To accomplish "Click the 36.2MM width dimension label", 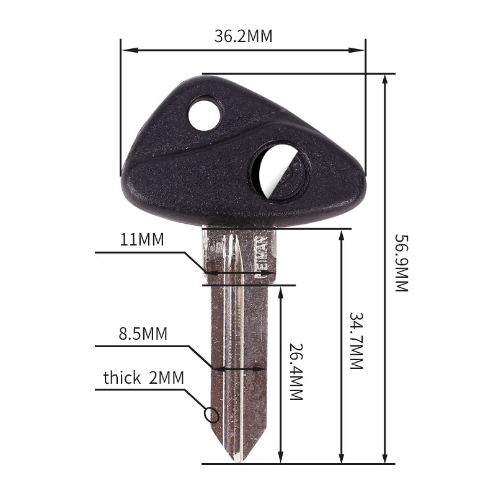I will coord(244,36).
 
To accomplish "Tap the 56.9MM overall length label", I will coord(401,263).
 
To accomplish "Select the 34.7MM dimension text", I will coord(355,340).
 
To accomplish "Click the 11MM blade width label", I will coord(142,240).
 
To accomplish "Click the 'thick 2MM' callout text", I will coord(143,378).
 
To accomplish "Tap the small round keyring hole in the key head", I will coord(205,114).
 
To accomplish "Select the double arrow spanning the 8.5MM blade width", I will coord(239,368).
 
